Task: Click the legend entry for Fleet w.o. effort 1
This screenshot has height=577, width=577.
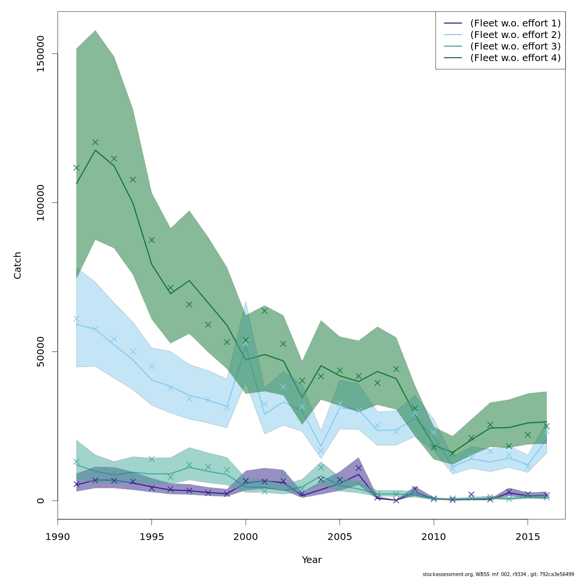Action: point(515,23)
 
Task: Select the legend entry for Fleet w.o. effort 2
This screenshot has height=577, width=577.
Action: point(515,35)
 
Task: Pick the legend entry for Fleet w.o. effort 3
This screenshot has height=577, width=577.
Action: point(515,46)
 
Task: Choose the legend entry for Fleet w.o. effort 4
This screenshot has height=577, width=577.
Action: point(515,58)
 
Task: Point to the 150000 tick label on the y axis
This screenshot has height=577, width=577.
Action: point(41,53)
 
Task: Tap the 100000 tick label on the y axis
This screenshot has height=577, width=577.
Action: point(41,202)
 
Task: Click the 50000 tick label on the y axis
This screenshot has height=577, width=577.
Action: point(41,351)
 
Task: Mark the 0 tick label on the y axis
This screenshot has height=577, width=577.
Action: point(41,500)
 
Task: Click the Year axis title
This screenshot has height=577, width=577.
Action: point(312,560)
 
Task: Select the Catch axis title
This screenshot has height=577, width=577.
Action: point(18,265)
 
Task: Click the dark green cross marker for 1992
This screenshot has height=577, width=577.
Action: point(95,142)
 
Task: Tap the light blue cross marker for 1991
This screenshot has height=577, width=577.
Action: point(76,318)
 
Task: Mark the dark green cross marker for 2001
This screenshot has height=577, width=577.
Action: point(264,311)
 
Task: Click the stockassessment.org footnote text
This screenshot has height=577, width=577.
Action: point(498,574)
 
